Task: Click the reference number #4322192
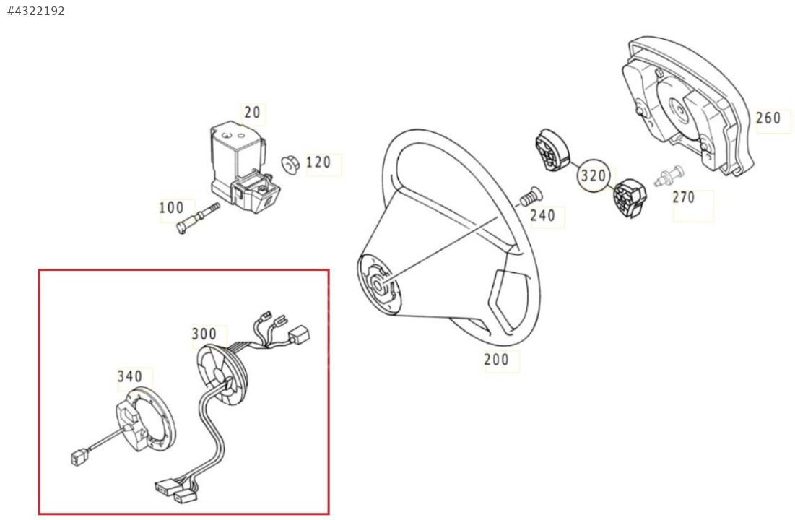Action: tap(36, 11)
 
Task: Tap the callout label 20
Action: tap(252, 112)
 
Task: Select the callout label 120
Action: tap(318, 162)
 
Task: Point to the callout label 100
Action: tap(171, 207)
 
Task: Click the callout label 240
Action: tap(542, 216)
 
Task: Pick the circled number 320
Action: tap(593, 176)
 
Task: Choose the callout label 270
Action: tap(684, 197)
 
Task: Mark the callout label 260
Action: tap(768, 118)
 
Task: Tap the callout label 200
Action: tap(496, 360)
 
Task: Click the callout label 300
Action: tap(204, 334)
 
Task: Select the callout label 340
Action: tap(130, 376)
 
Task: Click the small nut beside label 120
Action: tap(290, 165)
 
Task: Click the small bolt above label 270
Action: tap(669, 175)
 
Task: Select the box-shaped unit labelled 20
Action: tap(243, 165)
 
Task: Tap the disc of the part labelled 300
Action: tap(222, 374)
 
